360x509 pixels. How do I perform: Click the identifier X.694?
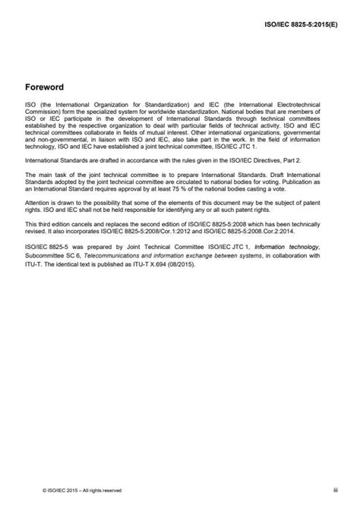click(x=146, y=256)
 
